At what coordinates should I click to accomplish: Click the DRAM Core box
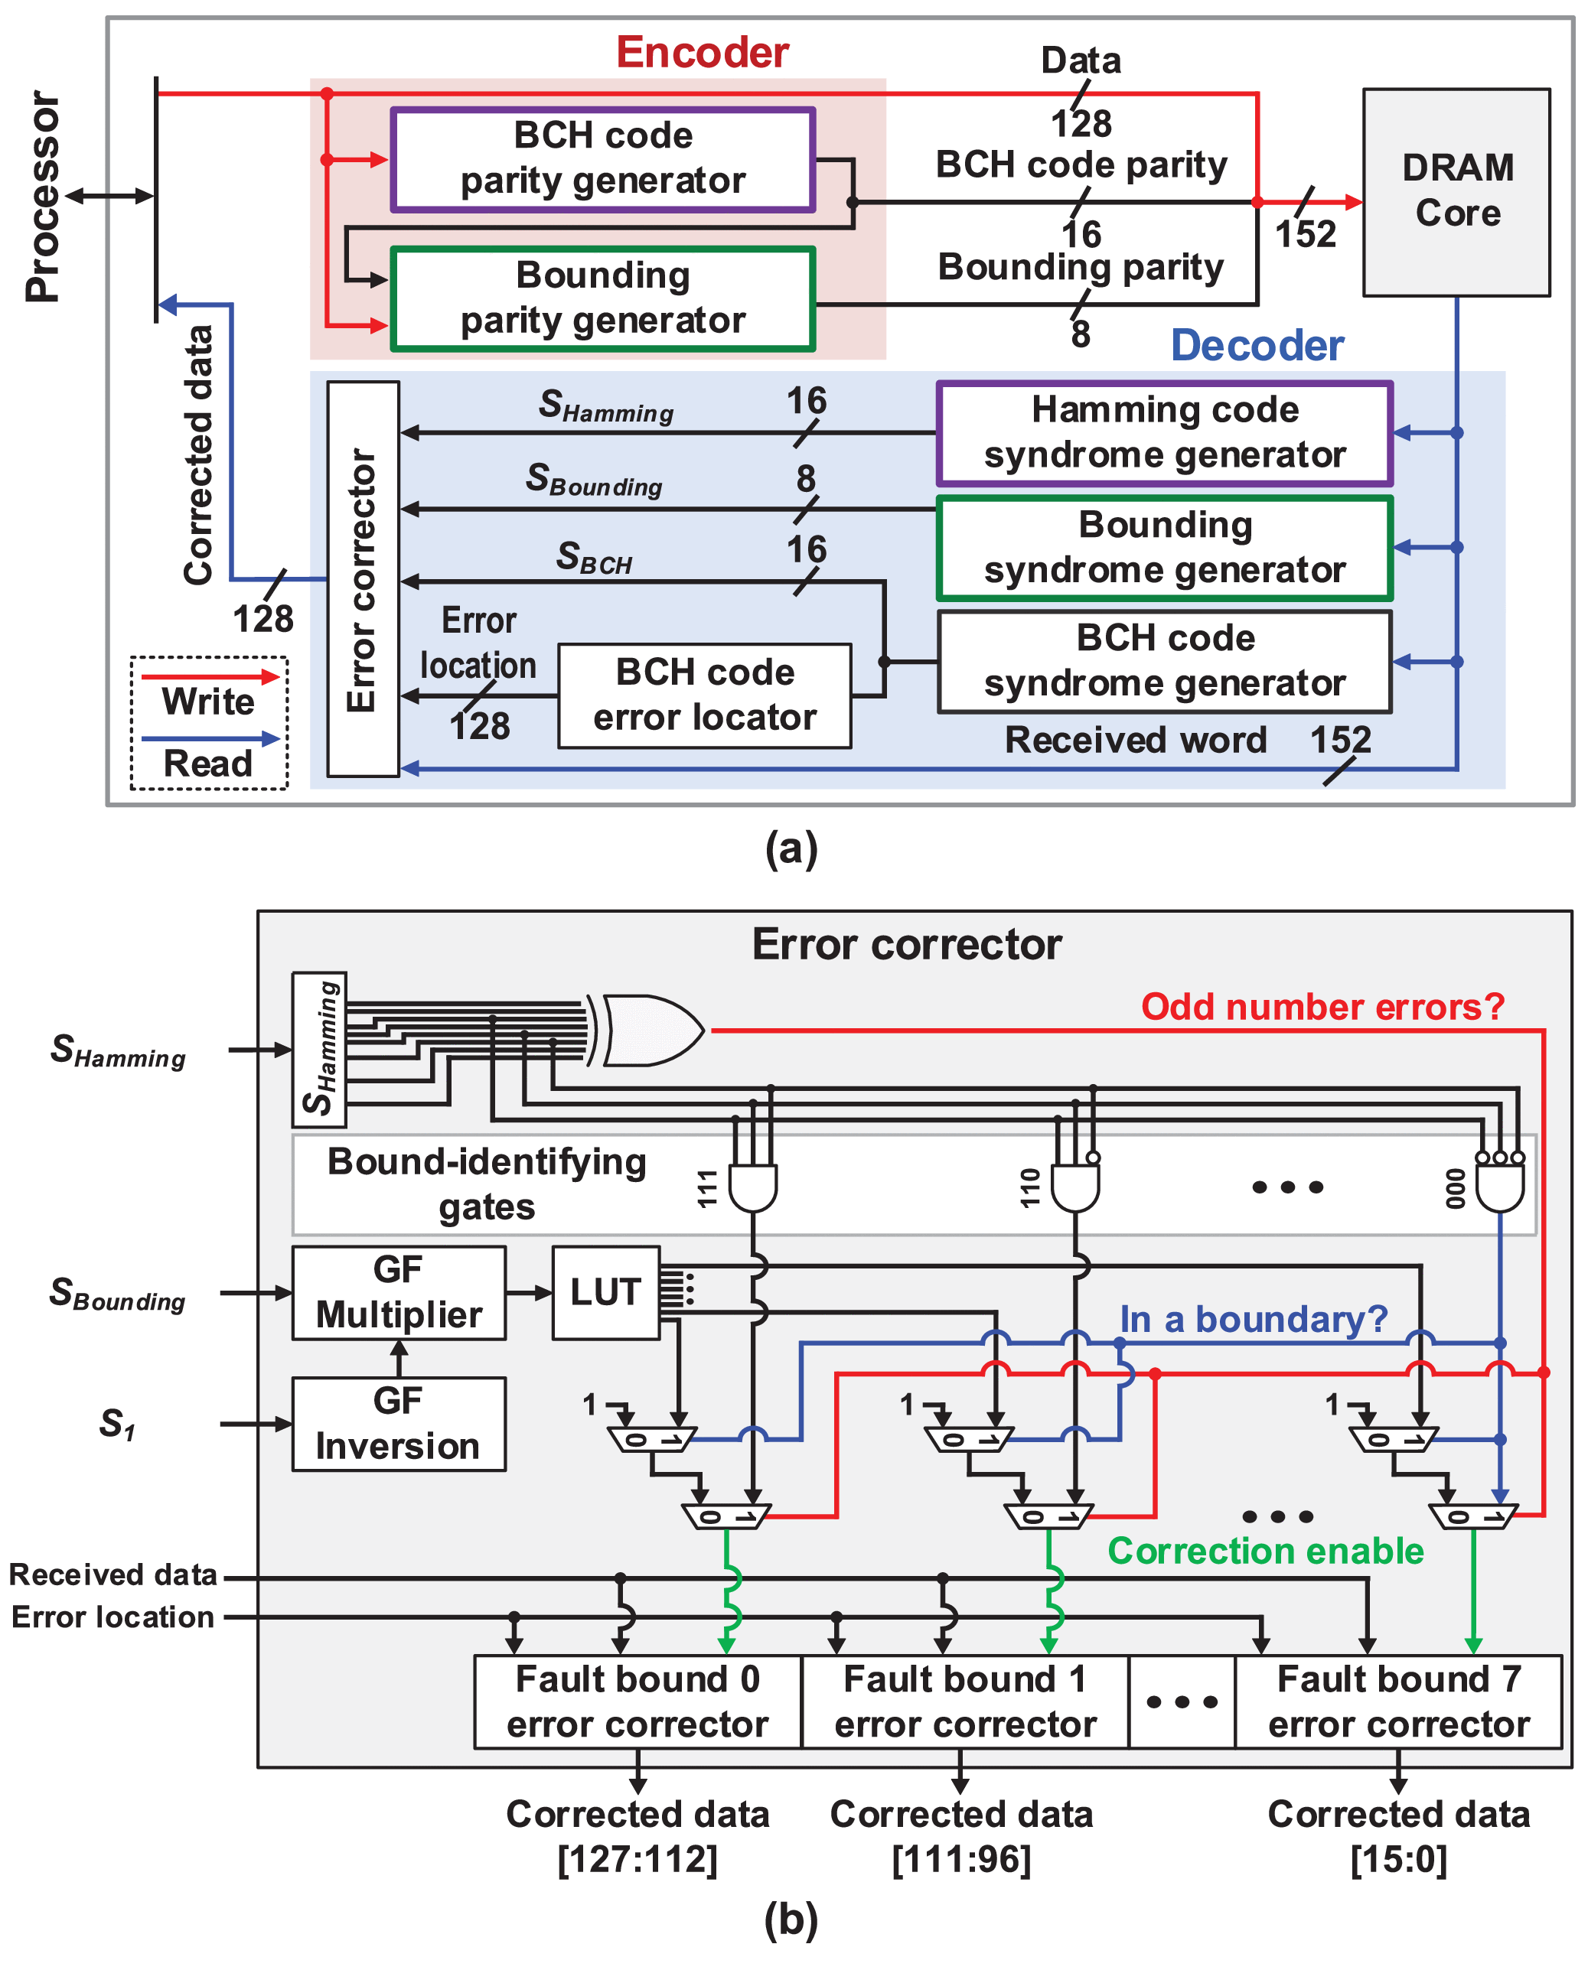point(1456,192)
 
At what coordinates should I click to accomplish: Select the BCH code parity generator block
point(603,159)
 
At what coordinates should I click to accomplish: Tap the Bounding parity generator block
point(603,298)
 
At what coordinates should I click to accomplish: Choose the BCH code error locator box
point(704,695)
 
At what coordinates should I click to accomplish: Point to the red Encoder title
point(702,52)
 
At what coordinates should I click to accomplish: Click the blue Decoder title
point(1257,346)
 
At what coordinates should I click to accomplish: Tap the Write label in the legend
point(209,702)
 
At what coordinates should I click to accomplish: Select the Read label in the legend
point(209,763)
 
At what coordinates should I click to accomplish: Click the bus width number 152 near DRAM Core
point(1306,234)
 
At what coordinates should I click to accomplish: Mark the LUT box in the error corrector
point(605,1292)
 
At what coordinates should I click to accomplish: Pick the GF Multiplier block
point(399,1292)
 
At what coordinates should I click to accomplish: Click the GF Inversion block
point(399,1424)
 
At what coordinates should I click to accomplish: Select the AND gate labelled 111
point(752,1187)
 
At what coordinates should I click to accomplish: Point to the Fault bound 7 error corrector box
point(1397,1702)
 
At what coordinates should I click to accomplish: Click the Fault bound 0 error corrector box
point(637,1702)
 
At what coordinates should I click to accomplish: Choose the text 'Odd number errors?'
point(1322,1007)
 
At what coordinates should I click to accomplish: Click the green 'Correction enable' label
point(1265,1551)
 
